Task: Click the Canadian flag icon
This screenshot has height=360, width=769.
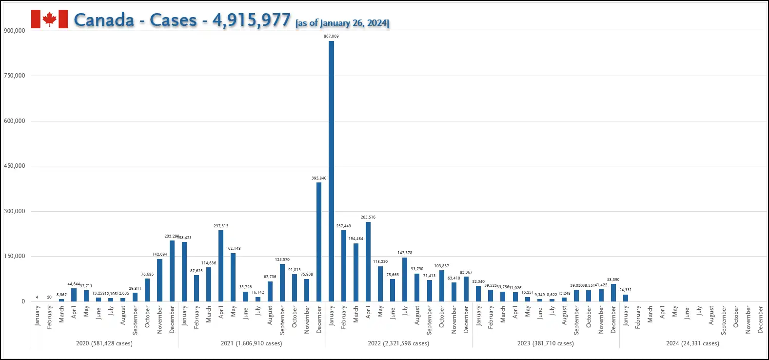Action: (x=49, y=19)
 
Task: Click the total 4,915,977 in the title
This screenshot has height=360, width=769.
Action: (x=251, y=20)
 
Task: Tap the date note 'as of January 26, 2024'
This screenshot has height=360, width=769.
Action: (x=342, y=23)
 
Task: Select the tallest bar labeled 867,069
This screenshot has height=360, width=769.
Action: (x=332, y=171)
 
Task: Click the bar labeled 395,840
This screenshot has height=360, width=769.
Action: (x=319, y=241)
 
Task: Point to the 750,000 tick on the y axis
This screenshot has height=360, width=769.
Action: (x=15, y=76)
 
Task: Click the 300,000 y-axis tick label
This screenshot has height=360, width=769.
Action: (x=15, y=211)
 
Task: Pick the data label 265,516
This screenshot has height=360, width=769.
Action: (x=368, y=217)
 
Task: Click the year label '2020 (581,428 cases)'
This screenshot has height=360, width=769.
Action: (x=104, y=343)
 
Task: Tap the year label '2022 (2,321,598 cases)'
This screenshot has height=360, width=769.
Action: (x=398, y=343)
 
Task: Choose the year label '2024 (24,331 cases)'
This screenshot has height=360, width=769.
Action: (x=692, y=343)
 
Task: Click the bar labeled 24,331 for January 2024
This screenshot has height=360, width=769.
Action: (x=626, y=298)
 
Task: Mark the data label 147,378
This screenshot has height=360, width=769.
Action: (x=405, y=253)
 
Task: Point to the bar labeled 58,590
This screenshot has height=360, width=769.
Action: (x=613, y=292)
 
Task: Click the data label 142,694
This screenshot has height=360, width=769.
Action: (x=159, y=254)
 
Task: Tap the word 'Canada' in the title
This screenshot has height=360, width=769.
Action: (x=104, y=20)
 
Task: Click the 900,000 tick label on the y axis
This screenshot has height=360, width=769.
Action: (x=15, y=31)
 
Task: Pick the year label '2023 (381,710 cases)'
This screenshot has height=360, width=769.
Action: (x=546, y=343)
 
